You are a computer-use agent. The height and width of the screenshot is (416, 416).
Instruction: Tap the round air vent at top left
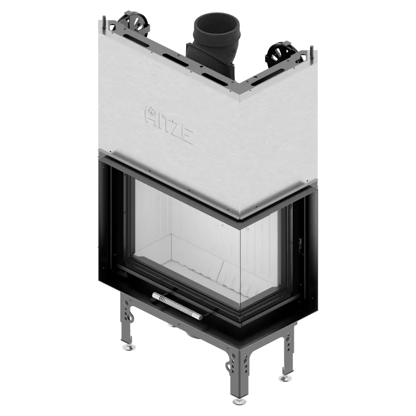tap(134, 23)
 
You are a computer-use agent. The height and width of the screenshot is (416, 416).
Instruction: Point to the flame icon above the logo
tap(151, 111)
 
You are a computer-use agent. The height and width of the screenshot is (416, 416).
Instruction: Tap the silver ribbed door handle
tap(177, 306)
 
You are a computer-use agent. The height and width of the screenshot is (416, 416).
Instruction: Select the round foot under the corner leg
tap(239, 401)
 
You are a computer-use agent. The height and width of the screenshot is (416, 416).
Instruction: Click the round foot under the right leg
tap(285, 378)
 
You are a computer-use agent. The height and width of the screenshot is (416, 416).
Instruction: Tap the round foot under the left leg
tap(128, 347)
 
